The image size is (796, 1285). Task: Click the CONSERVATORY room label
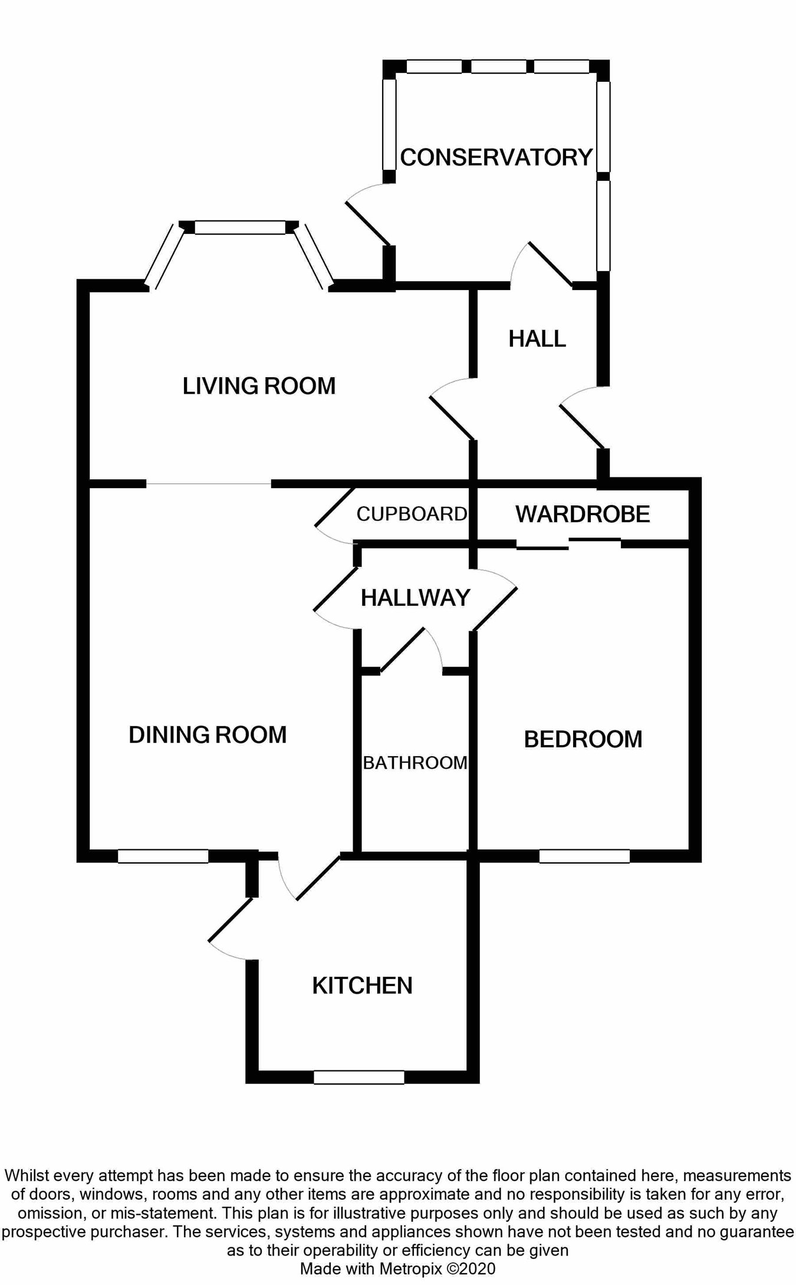point(496,157)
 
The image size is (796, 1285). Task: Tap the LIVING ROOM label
point(259,386)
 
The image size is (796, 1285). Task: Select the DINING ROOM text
point(208,735)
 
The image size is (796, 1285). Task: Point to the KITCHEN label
point(362,986)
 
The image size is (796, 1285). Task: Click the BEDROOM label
point(583,739)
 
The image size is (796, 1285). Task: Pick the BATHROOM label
point(415,763)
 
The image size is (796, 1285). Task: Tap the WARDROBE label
point(583,514)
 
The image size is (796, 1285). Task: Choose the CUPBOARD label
point(412,514)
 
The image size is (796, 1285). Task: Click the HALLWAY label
point(415,598)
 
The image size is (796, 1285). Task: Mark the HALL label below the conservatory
point(537,339)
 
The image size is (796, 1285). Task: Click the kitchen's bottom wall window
point(358,1077)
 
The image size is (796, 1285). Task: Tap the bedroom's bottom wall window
point(584,856)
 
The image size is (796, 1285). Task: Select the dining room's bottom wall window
point(163,856)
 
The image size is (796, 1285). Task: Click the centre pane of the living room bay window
point(240,228)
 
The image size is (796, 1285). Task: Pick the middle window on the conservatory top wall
point(498,67)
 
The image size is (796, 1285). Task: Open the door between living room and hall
point(452,418)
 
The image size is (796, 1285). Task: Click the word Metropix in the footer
point(411,1268)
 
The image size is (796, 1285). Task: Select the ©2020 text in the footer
point(471,1268)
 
